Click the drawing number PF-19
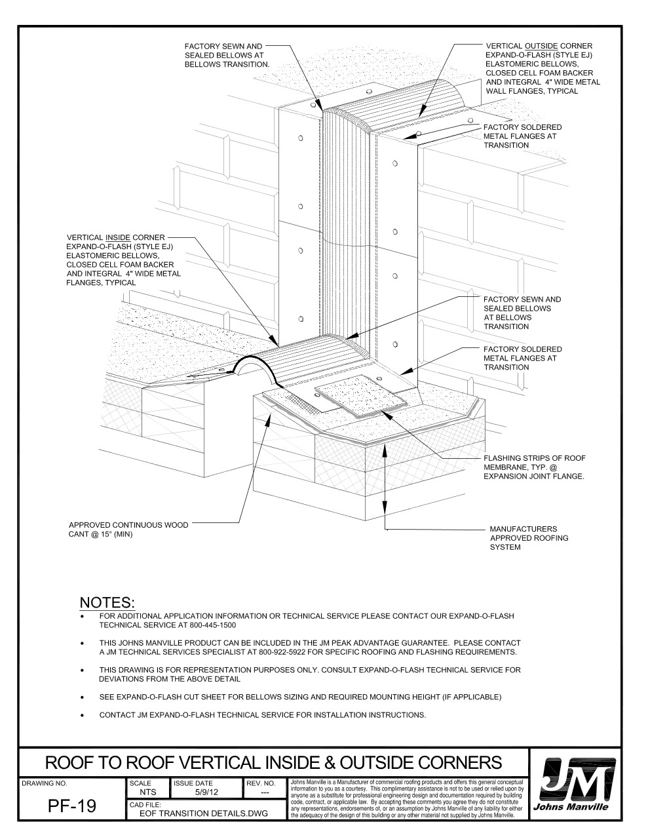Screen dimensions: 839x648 click(72, 806)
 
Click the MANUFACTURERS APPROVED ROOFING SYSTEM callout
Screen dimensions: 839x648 click(528, 537)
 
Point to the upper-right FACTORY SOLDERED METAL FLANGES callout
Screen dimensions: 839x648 click(522, 136)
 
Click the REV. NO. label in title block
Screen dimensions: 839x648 click(265, 783)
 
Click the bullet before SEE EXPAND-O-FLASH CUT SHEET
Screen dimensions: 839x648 click(82, 697)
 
